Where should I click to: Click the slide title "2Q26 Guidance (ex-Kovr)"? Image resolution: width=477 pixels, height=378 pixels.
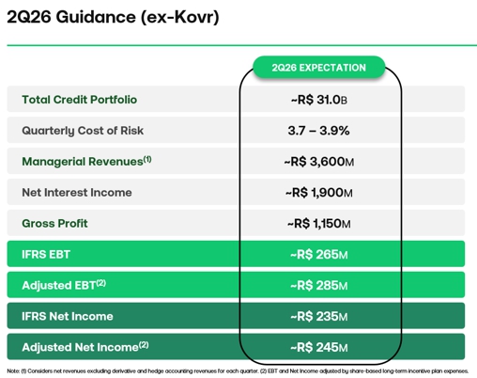click(113, 17)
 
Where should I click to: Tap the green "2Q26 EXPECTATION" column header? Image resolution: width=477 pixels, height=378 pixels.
click(318, 68)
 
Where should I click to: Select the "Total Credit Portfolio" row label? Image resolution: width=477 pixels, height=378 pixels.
click(80, 100)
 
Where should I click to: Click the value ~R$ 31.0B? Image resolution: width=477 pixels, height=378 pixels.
click(318, 100)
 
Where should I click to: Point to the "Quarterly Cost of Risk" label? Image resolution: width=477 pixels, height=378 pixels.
click(83, 131)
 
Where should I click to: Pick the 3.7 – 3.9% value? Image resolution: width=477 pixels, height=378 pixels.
click(318, 131)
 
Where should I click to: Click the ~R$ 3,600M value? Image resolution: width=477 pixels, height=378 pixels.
click(318, 162)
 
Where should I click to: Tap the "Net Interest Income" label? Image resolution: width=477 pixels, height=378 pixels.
click(77, 193)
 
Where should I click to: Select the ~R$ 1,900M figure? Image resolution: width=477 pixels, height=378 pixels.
click(318, 193)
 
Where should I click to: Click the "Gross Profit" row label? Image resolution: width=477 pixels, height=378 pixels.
click(54, 223)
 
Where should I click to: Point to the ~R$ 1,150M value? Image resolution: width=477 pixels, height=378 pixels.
click(318, 224)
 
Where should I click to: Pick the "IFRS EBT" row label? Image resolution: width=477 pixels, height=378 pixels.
click(46, 254)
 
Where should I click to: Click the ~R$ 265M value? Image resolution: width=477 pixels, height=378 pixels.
click(318, 254)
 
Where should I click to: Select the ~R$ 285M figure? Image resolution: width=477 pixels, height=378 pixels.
click(318, 285)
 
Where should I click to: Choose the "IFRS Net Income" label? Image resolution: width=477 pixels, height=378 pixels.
click(68, 316)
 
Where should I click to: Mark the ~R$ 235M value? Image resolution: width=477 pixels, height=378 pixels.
click(318, 316)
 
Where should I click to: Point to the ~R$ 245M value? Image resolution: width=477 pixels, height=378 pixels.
click(318, 347)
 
